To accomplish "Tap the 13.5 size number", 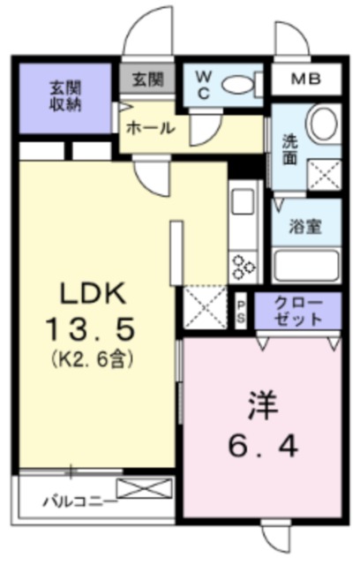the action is pyautogui.click(x=90, y=328).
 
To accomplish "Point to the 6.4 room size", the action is pyautogui.click(x=263, y=447).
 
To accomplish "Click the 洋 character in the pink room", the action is pyautogui.click(x=263, y=406).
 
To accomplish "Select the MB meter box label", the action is pyautogui.click(x=306, y=79).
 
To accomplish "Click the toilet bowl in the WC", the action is pyautogui.click(x=237, y=86).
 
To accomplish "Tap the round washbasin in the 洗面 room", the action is pyautogui.click(x=324, y=122).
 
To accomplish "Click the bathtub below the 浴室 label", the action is pyautogui.click(x=306, y=266).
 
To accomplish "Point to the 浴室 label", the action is pyautogui.click(x=305, y=226).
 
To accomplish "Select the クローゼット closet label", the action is pyautogui.click(x=297, y=312).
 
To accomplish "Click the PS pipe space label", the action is pyautogui.click(x=241, y=312).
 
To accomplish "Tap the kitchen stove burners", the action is pyautogui.click(x=244, y=267).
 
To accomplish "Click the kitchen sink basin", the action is pyautogui.click(x=243, y=201).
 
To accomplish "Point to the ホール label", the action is pyautogui.click(x=151, y=128).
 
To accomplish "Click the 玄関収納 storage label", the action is pyautogui.click(x=65, y=96).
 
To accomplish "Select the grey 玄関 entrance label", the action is pyautogui.click(x=148, y=79).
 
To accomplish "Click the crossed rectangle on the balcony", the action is pyautogui.click(x=145, y=488).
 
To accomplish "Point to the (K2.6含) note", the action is pyautogui.click(x=93, y=358).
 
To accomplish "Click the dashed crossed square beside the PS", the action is pyautogui.click(x=206, y=306).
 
